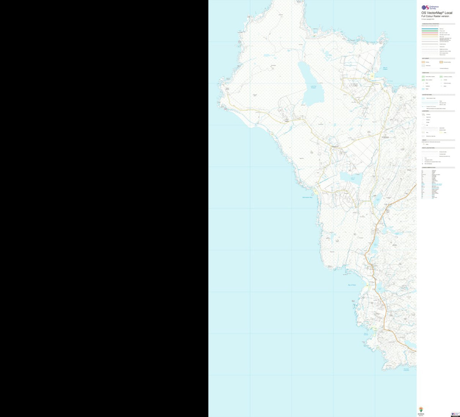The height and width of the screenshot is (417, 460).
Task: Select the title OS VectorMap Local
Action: click(437, 13)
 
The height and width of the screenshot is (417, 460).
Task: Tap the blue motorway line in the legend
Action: click(430, 29)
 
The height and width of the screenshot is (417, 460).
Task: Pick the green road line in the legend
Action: click(430, 31)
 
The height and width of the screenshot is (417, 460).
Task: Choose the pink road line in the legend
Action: click(430, 33)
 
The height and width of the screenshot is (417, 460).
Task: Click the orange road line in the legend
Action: click(430, 35)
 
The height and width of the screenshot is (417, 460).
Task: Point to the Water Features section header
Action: click(427, 95)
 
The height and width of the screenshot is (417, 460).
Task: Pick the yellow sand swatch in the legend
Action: click(442, 132)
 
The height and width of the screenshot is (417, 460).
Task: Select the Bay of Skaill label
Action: click(352, 285)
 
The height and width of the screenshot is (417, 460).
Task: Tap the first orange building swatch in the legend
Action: click(423, 62)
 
